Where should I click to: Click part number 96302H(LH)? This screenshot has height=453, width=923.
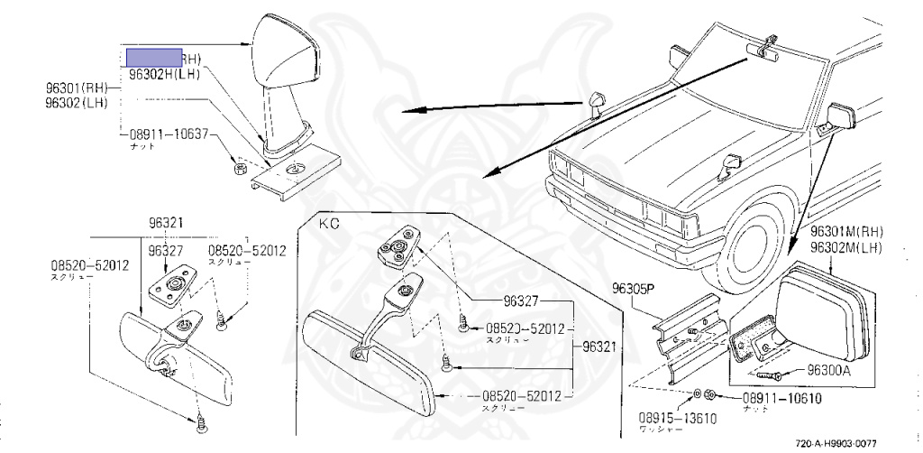[x=164, y=75]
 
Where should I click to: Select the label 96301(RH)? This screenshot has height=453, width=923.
[x=77, y=88]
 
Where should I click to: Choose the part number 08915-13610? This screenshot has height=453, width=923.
[x=663, y=421]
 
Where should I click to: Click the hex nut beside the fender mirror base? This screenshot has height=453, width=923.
[x=239, y=168]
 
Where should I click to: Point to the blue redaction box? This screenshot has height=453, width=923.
[x=154, y=56]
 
